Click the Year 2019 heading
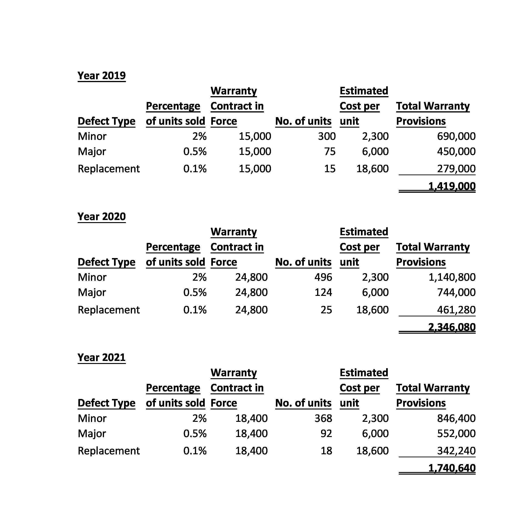[101, 75]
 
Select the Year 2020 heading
[101, 217]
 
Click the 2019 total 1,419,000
[452, 186]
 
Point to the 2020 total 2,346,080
[452, 327]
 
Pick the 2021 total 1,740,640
[452, 468]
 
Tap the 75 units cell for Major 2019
[330, 151]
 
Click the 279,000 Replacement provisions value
[456, 169]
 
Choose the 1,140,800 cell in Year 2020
[452, 277]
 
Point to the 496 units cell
[323, 277]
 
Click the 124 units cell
[323, 292]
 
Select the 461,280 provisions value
[456, 310]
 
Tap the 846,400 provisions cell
[456, 418]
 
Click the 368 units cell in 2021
[323, 418]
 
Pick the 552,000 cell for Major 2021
[456, 433]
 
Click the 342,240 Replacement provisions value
[456, 451]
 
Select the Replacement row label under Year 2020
[109, 310]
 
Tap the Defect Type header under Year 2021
[106, 403]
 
